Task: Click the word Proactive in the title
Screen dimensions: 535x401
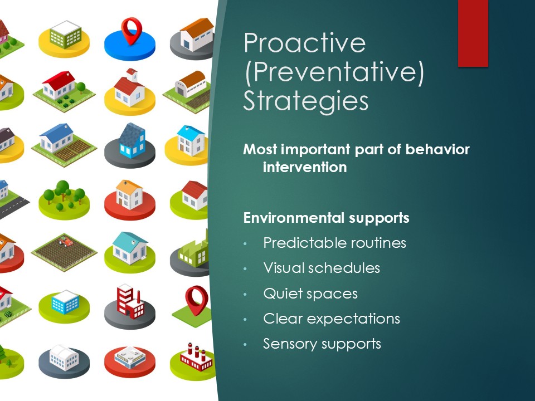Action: [305, 43]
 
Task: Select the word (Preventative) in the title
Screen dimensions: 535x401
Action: [334, 72]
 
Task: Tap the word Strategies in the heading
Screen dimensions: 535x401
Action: [306, 101]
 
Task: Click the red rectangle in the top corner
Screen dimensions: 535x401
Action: [473, 33]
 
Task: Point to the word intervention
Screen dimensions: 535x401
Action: [305, 167]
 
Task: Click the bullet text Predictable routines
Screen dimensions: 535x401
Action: [334, 243]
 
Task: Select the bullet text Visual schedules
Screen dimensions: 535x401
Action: [322, 268]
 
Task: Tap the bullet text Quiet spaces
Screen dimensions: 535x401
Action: [310, 294]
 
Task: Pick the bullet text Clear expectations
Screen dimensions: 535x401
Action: [331, 319]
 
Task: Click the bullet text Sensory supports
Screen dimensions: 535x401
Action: [322, 344]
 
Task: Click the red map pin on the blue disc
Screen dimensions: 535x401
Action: [132, 31]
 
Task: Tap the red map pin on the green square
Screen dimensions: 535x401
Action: [197, 300]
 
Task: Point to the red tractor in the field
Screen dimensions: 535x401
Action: [66, 242]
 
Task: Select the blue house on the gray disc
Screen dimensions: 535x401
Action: [132, 140]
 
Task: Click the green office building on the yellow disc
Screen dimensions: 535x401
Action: [66, 35]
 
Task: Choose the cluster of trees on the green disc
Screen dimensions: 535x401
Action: [64, 195]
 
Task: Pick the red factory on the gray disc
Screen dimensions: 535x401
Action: [130, 301]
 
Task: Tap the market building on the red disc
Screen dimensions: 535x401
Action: [130, 358]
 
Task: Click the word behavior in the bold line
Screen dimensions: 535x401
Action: [437, 149]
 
